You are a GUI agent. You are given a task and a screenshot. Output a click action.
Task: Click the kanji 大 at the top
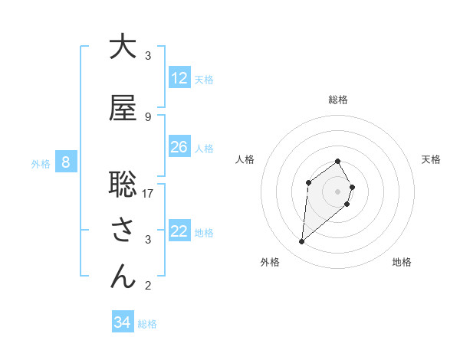123,47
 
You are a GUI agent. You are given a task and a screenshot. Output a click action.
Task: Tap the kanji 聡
123,185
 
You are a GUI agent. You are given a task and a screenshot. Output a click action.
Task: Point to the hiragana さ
123,231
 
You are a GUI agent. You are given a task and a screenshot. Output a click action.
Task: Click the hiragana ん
123,277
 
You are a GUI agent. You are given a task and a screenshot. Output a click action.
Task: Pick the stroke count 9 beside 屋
148,116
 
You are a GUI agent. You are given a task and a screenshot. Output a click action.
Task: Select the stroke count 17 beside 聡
148,193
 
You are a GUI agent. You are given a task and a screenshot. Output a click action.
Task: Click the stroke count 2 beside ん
148,286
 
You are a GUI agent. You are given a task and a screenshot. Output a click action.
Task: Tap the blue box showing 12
179,78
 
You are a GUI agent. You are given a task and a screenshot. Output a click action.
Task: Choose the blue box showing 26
179,147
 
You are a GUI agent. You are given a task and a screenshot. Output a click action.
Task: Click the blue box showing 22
179,231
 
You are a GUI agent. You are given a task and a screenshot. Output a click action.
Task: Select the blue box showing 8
66,162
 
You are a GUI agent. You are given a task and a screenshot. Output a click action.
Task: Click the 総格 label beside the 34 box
147,324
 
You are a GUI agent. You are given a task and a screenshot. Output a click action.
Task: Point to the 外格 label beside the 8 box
41,163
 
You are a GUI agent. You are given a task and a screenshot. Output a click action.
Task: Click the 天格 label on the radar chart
432,159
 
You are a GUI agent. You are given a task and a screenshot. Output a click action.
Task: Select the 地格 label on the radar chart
402,262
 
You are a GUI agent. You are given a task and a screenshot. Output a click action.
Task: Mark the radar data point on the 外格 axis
302,242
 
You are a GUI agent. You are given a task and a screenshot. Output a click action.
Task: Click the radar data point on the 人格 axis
308,182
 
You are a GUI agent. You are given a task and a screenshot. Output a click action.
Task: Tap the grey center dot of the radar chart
338,191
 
